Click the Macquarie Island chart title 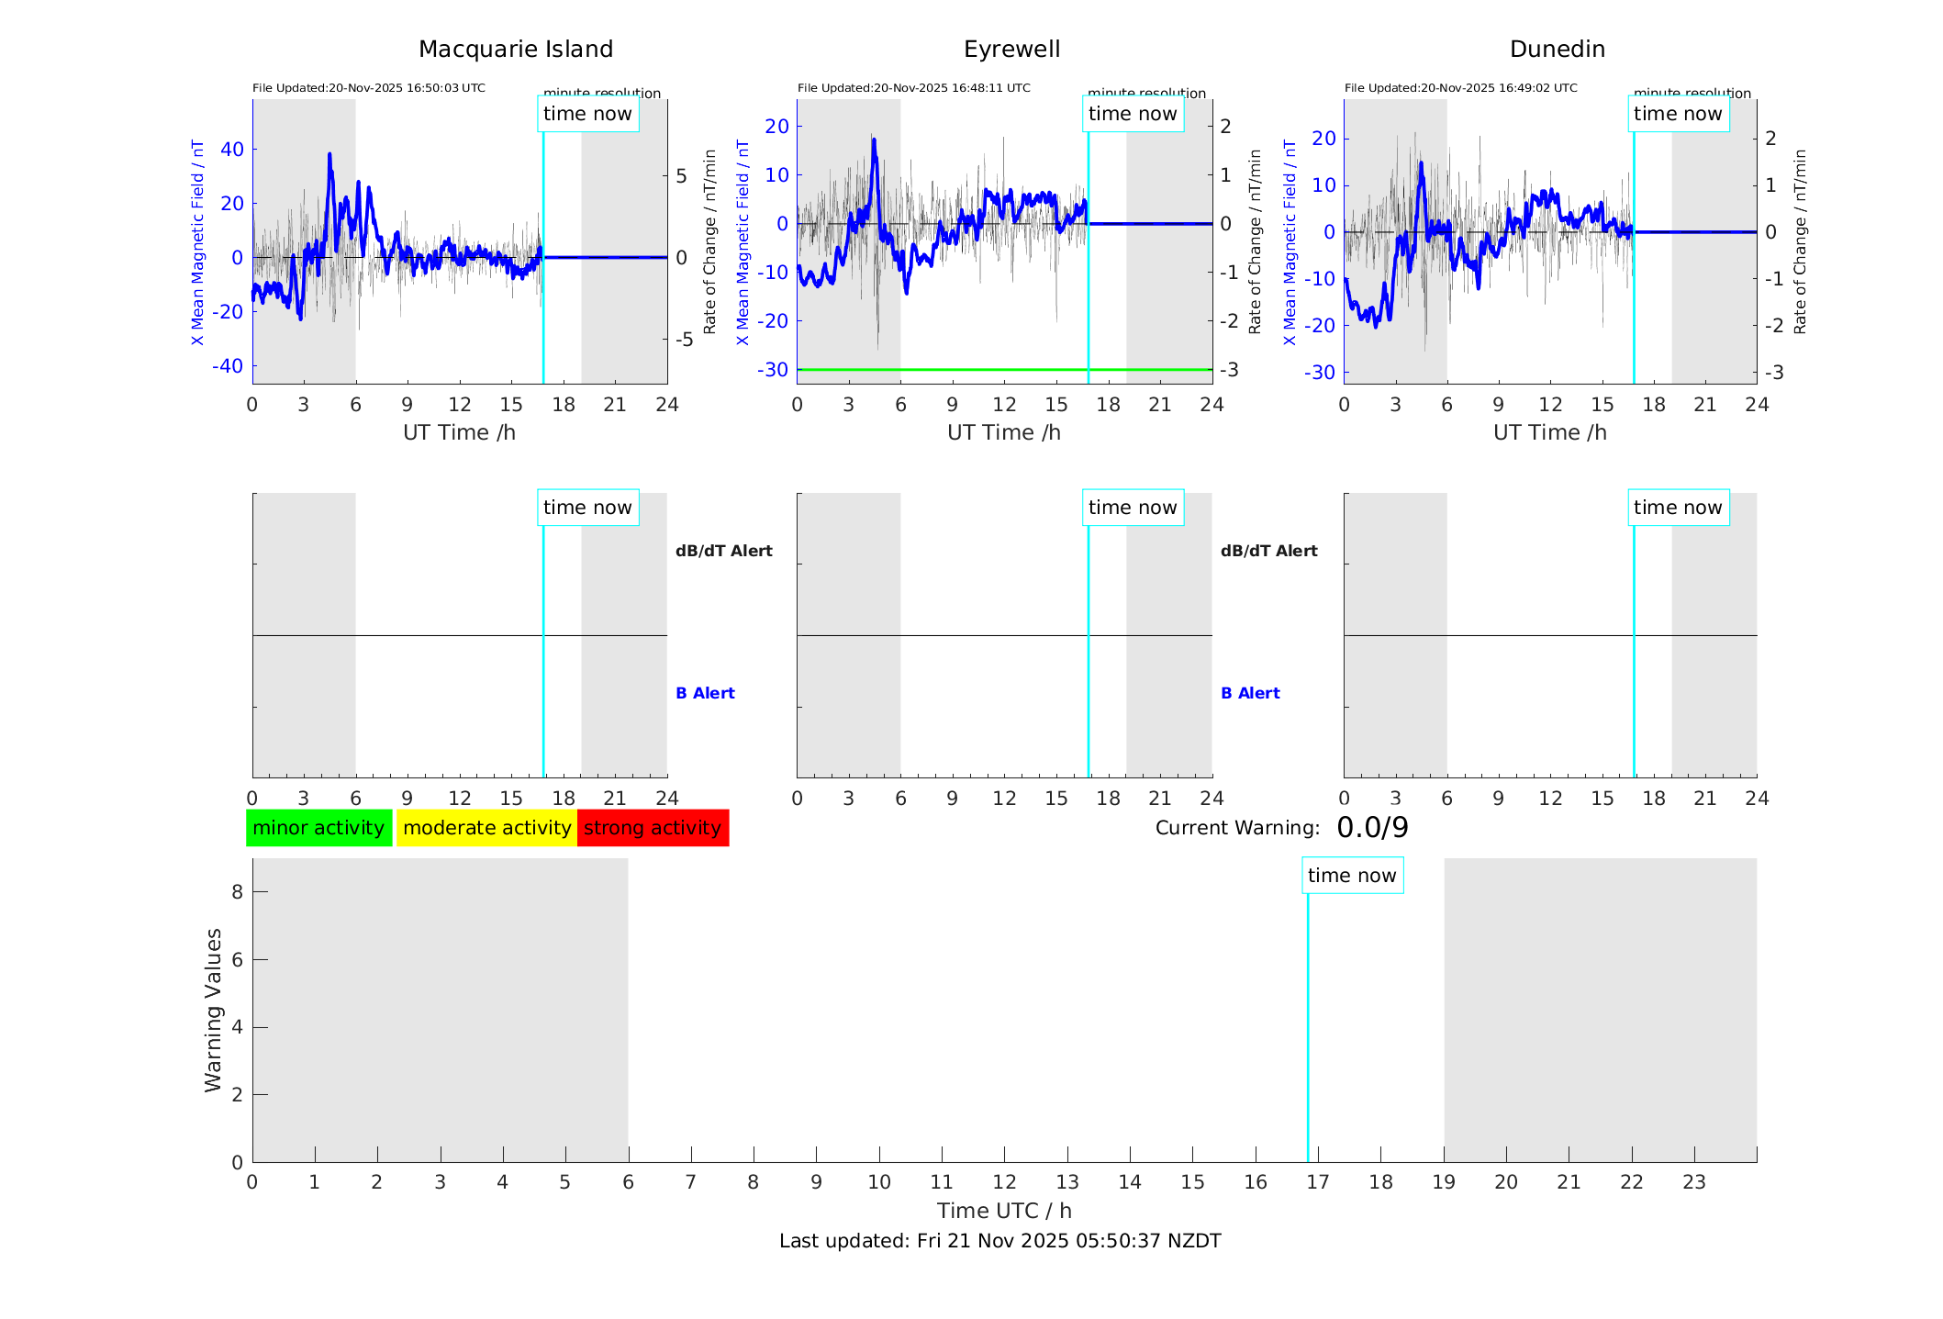515,50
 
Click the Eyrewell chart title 1011,50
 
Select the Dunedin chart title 1557,50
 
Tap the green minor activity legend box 318,828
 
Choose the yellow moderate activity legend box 486,828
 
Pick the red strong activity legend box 653,828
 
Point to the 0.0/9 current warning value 1372,828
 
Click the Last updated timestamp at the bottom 999,1241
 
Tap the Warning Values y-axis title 213,1010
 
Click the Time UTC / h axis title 1004,1211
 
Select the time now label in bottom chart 1352,876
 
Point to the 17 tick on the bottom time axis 1318,1182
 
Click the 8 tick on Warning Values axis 237,891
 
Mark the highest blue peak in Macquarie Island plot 329,155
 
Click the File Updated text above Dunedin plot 1460,88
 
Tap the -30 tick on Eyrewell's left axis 773,370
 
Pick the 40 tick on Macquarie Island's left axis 232,150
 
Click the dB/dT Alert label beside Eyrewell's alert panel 1268,551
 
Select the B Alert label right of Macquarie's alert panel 705,693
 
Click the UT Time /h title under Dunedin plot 1549,432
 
